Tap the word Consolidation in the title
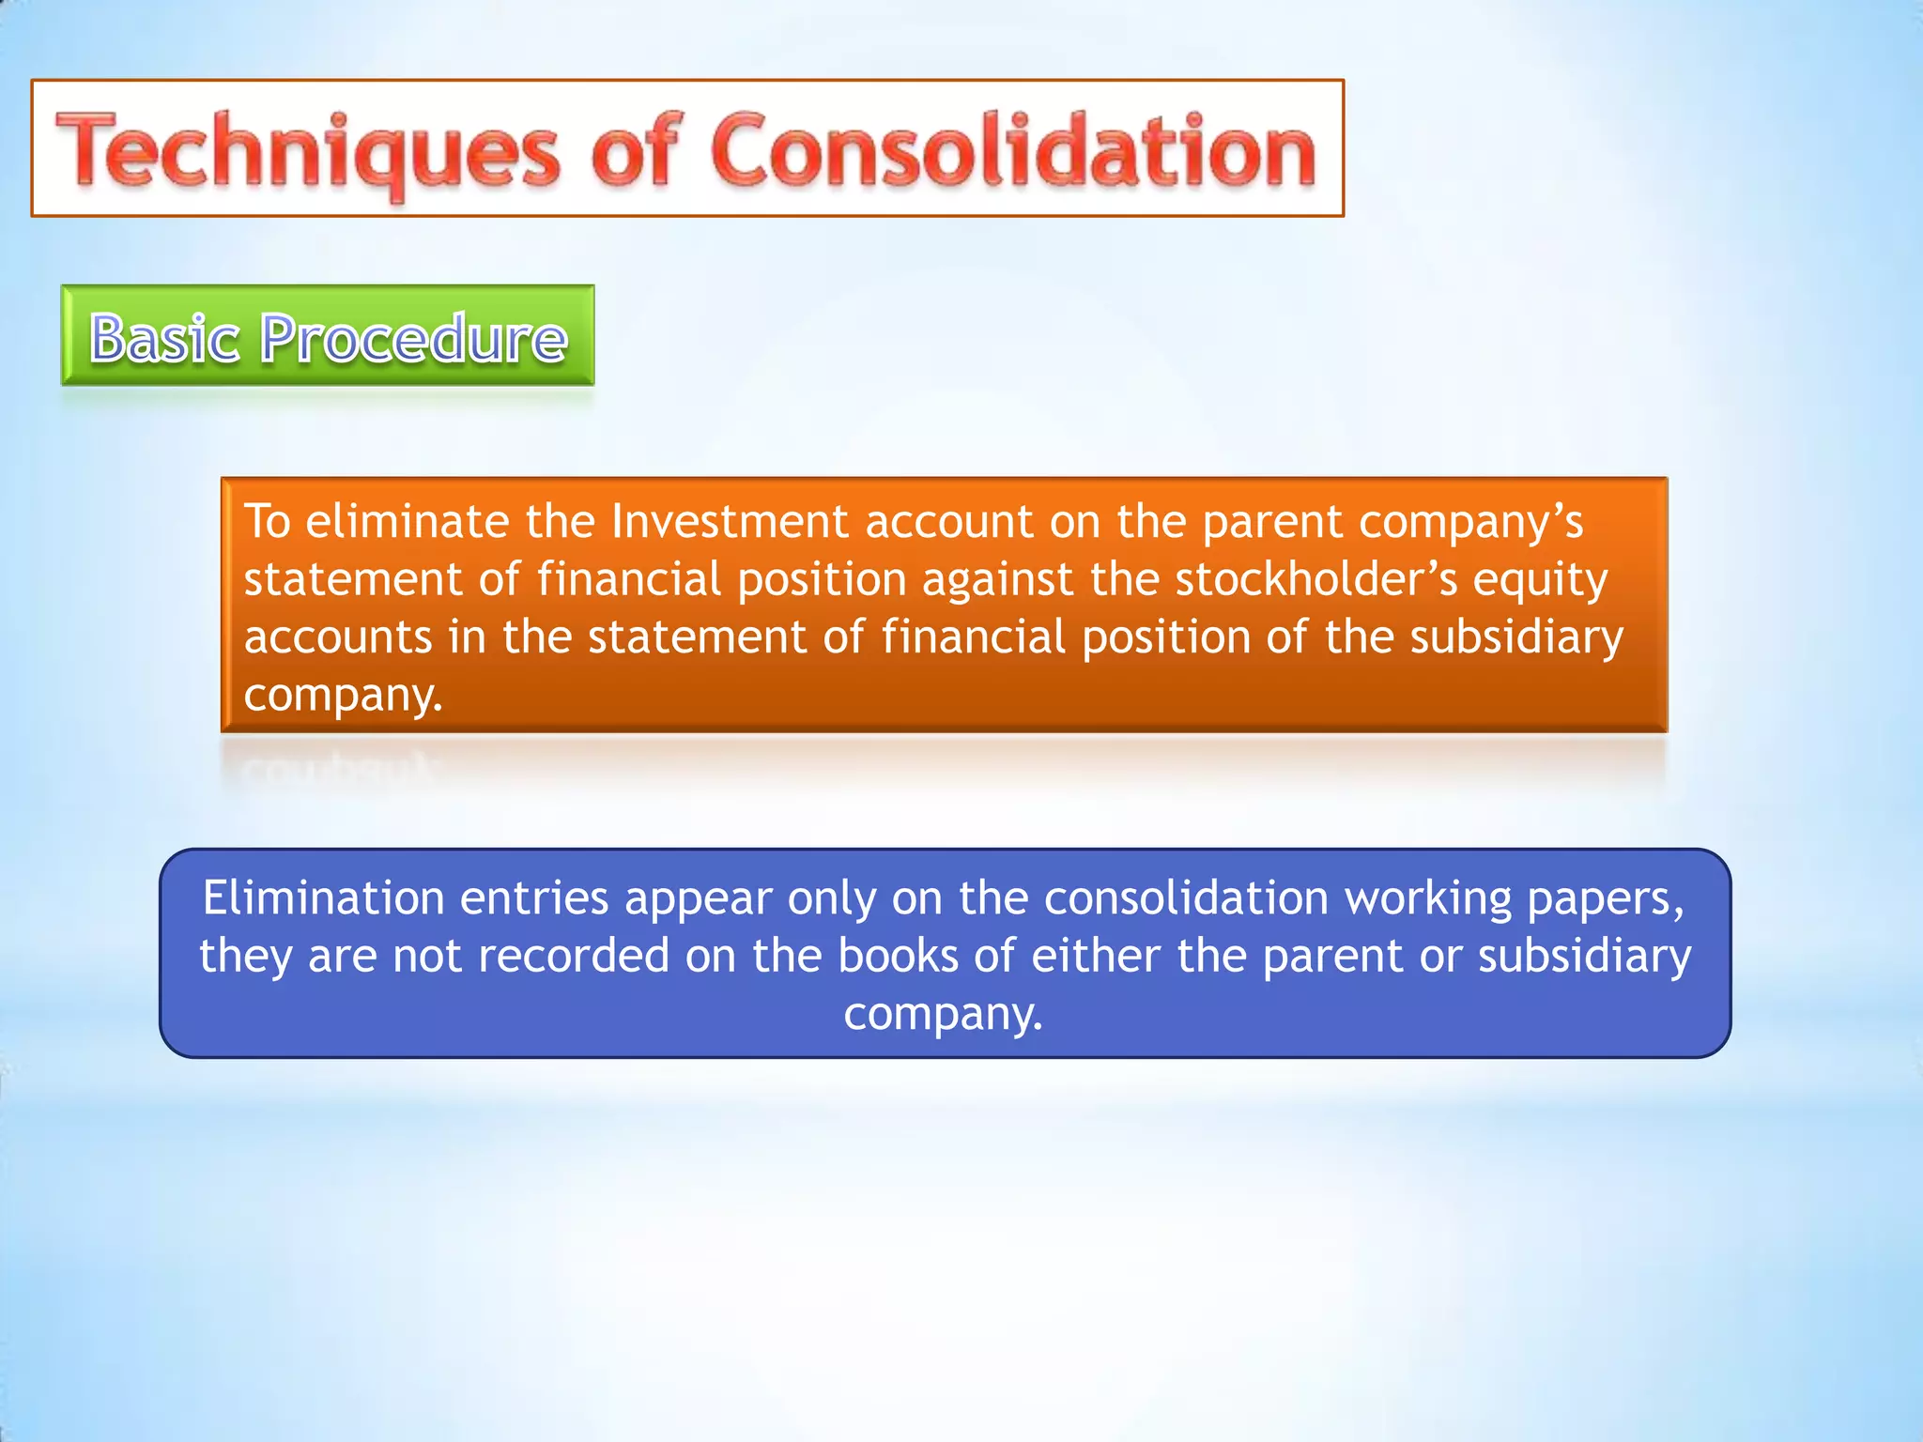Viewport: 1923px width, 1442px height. click(1013, 150)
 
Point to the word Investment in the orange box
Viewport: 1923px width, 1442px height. click(729, 521)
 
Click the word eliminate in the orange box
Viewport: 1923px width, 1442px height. click(407, 521)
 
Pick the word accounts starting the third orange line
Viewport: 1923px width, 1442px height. click(338, 637)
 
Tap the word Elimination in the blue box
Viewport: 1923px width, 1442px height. click(323, 897)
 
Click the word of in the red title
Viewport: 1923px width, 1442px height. click(634, 150)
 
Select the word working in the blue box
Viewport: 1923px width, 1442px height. click(1428, 899)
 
